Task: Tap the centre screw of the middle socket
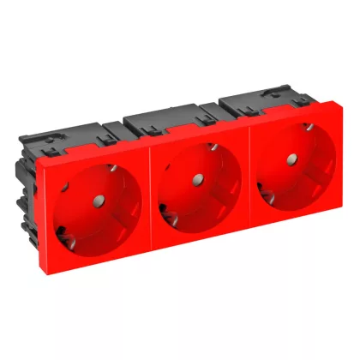(x=196, y=181)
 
